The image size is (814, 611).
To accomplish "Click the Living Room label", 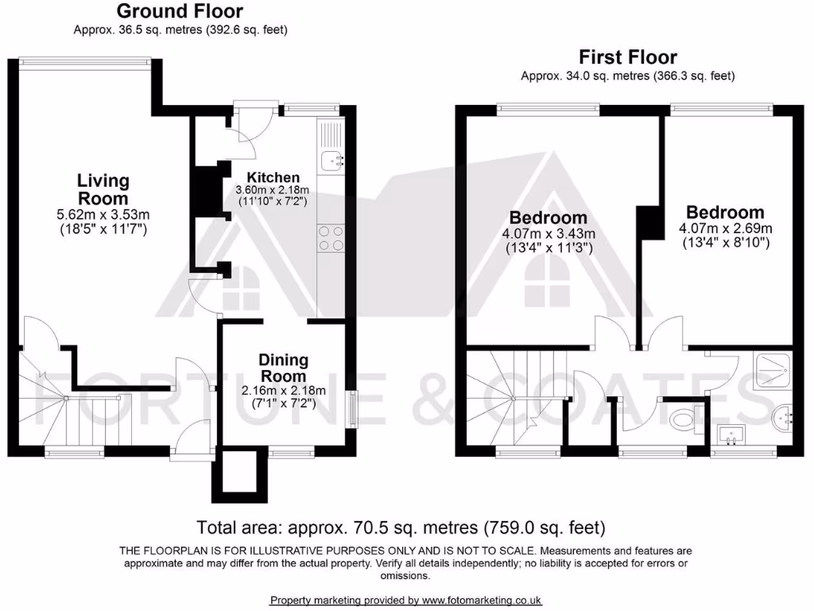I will [x=103, y=189].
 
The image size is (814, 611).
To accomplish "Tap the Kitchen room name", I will [x=273, y=177].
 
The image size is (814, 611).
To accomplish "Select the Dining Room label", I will [x=283, y=368].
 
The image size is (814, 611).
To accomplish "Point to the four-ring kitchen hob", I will [x=331, y=237].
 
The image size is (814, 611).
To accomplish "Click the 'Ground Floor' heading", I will [x=180, y=11].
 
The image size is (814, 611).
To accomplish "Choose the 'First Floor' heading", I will [x=627, y=57].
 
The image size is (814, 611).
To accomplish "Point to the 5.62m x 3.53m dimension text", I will [x=104, y=214].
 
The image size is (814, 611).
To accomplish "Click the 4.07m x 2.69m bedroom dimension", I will [x=725, y=228].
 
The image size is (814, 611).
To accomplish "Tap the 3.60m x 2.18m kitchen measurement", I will [x=272, y=191].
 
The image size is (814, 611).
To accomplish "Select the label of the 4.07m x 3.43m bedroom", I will [x=548, y=217].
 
